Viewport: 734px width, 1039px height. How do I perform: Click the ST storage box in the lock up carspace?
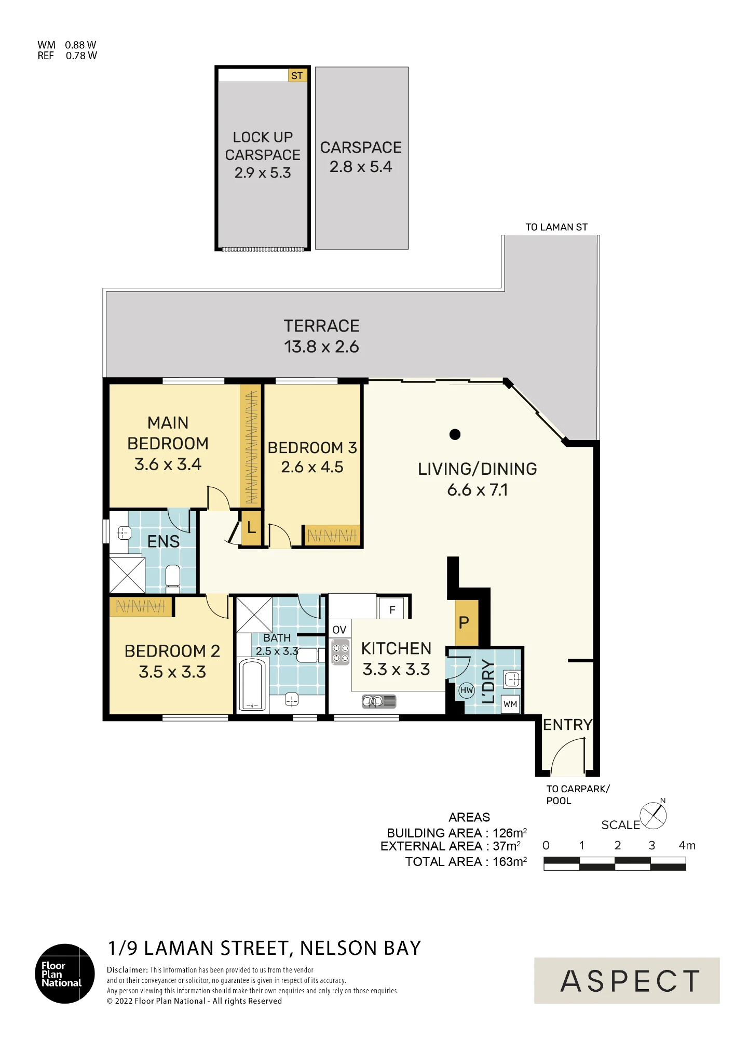coord(296,76)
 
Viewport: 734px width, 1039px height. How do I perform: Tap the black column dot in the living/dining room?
coord(455,434)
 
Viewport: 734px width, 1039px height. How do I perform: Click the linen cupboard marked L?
coord(251,528)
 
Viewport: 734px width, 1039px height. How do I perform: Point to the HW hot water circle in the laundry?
coord(467,690)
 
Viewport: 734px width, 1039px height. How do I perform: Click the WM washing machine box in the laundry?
coord(510,704)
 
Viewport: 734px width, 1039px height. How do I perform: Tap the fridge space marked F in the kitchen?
coord(392,609)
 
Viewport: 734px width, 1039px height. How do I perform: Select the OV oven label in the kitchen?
coord(339,630)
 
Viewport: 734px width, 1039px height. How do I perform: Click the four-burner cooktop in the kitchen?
coord(341,654)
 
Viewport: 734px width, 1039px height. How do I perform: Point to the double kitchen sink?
coord(379,702)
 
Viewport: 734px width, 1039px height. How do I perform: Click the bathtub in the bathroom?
coord(253,685)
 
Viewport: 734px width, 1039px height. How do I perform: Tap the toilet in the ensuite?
coord(173,579)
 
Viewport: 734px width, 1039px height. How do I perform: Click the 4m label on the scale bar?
coord(687,845)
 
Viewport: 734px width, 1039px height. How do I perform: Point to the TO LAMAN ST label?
coord(556,227)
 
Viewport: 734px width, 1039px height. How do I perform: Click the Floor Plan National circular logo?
coord(65,974)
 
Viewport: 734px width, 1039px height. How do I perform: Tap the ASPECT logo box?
coord(627,980)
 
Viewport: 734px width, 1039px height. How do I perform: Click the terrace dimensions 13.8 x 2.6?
coord(321,347)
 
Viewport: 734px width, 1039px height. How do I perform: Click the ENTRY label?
coord(567,725)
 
